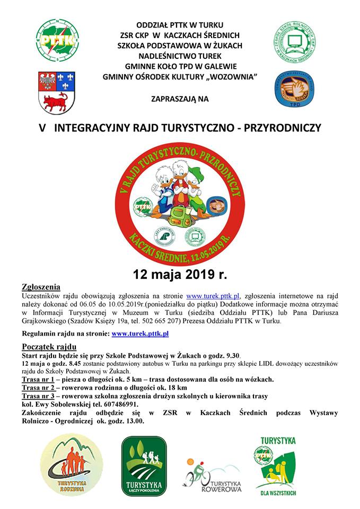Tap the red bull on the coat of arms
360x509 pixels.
click(51, 101)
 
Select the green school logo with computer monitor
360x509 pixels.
click(295, 40)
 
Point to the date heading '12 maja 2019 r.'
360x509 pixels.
click(180, 275)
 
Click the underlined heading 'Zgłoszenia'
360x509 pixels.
click(40, 287)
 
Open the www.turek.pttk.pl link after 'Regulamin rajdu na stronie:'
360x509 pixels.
click(140, 334)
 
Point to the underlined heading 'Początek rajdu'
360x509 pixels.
click(48, 347)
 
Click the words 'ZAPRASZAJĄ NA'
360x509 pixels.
click(180, 99)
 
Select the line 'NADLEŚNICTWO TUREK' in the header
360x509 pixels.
click(180, 56)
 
